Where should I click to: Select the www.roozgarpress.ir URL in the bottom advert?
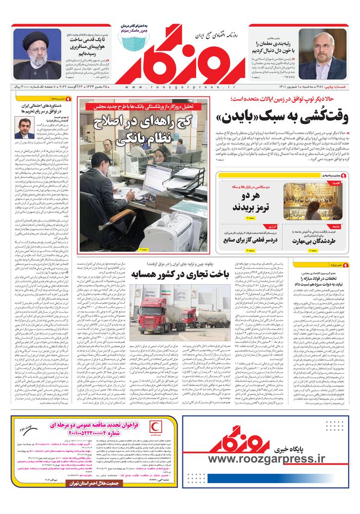[267, 459]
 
